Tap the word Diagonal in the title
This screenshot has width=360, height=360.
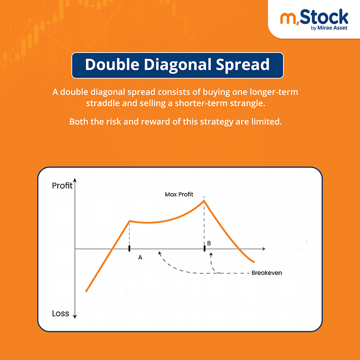178,65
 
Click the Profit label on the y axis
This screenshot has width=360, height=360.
62,186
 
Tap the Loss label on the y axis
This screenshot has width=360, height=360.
60,313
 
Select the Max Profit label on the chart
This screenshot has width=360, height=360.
179,194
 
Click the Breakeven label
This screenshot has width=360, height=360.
266,273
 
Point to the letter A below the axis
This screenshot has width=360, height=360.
140,258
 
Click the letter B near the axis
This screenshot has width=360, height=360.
209,244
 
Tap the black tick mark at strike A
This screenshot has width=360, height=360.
129,249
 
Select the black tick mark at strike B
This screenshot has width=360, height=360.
204,249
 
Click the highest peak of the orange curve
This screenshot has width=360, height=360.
204,200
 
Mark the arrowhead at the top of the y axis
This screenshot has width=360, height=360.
75,181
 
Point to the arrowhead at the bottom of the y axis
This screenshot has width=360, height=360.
75,317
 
